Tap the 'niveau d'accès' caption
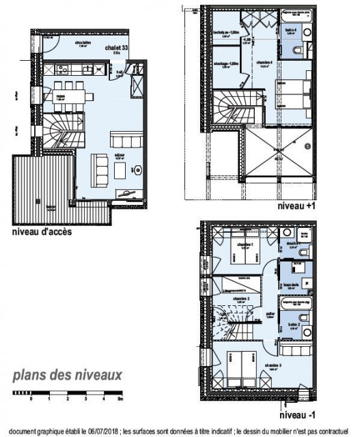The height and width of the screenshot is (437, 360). [x=42, y=231]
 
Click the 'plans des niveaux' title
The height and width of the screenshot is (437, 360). [x=67, y=374]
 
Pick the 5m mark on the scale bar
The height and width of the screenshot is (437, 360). [x=120, y=397]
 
